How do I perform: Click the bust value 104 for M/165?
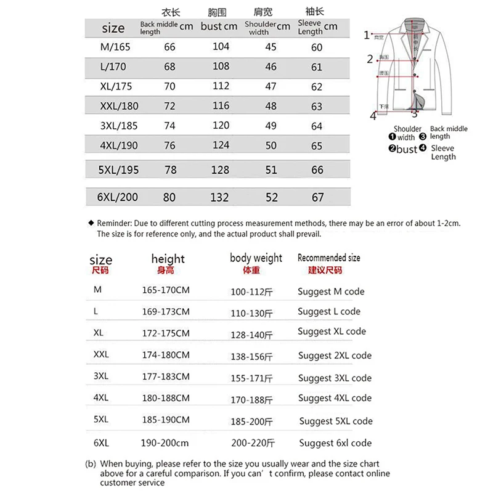tap(221, 47)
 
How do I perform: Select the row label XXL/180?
tap(119, 106)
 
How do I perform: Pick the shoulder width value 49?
tap(271, 126)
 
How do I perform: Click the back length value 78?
tap(169, 169)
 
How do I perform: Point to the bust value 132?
tap(220, 197)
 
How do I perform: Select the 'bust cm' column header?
tap(219, 26)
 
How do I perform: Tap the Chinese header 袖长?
tap(315, 12)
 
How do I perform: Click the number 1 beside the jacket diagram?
tap(367, 35)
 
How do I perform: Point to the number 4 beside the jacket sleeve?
tap(373, 115)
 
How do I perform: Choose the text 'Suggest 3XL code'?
tap(335, 378)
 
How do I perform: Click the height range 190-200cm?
tap(165, 442)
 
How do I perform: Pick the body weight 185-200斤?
tap(251, 422)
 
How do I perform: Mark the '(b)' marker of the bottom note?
tap(90, 463)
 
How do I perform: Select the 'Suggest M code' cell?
tap(331, 291)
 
